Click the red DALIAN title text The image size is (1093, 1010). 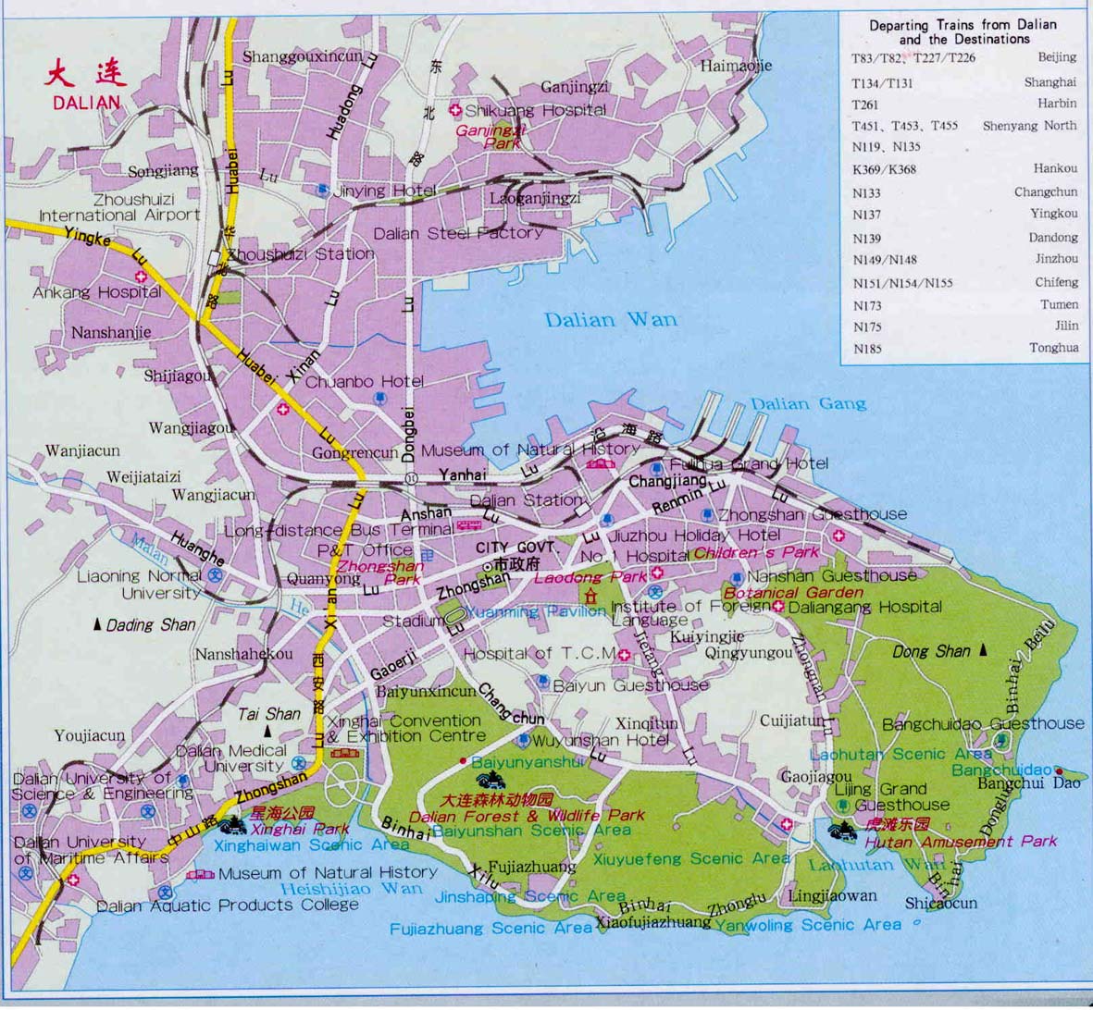tap(86, 101)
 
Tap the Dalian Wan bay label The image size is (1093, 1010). tap(610, 320)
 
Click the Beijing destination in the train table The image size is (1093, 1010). tap(1056, 57)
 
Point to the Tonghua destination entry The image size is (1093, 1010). tap(1054, 348)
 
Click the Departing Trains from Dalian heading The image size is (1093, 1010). tap(963, 31)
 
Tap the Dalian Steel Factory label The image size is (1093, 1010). tap(458, 233)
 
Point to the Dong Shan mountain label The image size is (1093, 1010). tap(931, 651)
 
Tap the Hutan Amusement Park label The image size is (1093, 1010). tap(961, 842)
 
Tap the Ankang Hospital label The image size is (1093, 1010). tap(96, 292)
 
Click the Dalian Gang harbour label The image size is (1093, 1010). tap(808, 403)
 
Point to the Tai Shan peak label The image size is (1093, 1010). tap(269, 714)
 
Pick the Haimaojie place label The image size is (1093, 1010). tap(736, 66)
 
